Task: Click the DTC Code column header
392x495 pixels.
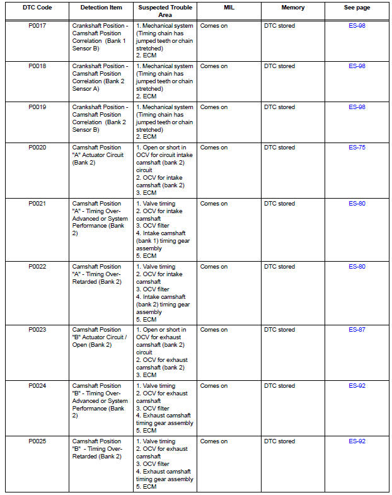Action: pos(37,8)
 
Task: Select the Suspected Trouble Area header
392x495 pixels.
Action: pos(165,11)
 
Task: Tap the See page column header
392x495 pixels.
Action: pos(357,8)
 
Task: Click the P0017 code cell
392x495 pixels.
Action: pos(37,26)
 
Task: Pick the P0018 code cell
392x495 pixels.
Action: pos(37,66)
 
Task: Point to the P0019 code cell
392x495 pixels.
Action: pos(37,107)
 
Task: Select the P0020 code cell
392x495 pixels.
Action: pos(37,148)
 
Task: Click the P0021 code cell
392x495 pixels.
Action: pos(37,204)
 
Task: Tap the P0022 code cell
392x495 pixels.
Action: pos(37,267)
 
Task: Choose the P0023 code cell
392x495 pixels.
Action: pos(37,330)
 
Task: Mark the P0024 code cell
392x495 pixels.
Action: pos(37,386)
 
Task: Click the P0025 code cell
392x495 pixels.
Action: pos(37,441)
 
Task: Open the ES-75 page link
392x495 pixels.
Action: pos(357,148)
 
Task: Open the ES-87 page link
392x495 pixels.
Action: pos(357,330)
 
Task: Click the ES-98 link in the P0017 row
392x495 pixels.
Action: pos(357,26)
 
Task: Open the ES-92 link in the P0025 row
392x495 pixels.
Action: pos(357,441)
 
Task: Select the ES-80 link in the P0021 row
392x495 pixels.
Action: pos(357,204)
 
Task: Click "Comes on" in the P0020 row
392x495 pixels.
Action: pos(214,148)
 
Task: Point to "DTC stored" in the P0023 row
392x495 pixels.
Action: pos(279,330)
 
